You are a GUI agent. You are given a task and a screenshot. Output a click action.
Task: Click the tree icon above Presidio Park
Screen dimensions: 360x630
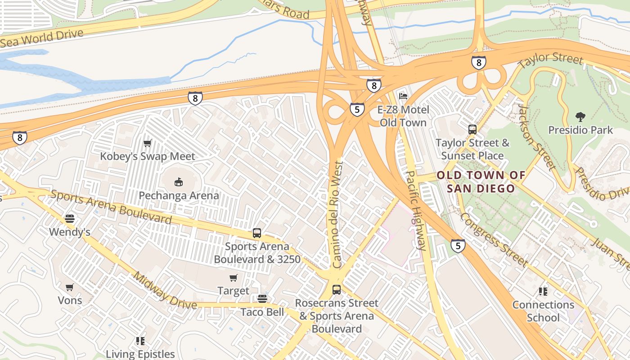pos(580,117)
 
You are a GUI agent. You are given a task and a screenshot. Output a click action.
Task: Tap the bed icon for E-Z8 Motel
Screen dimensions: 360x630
pos(403,96)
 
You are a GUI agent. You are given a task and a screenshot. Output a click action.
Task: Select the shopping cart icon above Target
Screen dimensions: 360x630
pos(233,278)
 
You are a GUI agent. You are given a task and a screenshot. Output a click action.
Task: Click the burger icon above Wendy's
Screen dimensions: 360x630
pos(70,219)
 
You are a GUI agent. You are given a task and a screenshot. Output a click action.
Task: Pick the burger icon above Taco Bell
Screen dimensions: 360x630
pos(262,299)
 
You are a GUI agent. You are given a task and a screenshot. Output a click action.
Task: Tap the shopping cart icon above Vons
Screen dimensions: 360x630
pos(70,287)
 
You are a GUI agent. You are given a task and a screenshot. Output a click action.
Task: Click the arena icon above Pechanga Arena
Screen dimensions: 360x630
pos(179,182)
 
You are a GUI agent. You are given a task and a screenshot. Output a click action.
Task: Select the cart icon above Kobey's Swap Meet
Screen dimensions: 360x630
pos(147,144)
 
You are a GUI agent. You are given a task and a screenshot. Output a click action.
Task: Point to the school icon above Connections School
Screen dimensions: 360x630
pos(543,292)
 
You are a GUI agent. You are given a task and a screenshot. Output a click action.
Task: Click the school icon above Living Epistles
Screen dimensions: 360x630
pos(140,341)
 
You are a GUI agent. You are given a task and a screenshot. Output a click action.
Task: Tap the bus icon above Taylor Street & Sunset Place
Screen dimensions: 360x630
pos(472,130)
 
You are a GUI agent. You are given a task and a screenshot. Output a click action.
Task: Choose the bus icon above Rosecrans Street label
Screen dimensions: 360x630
pos(337,290)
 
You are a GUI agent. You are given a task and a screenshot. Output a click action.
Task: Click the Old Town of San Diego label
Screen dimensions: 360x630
pos(481,182)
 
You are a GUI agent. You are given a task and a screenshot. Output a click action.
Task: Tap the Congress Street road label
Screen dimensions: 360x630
pos(494,239)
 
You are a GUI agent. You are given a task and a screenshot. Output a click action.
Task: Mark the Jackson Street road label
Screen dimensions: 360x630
pos(535,137)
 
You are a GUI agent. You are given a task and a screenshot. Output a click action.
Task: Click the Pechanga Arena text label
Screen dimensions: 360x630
pos(179,196)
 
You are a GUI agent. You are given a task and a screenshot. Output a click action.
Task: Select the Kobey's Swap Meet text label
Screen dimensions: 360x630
pos(147,157)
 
